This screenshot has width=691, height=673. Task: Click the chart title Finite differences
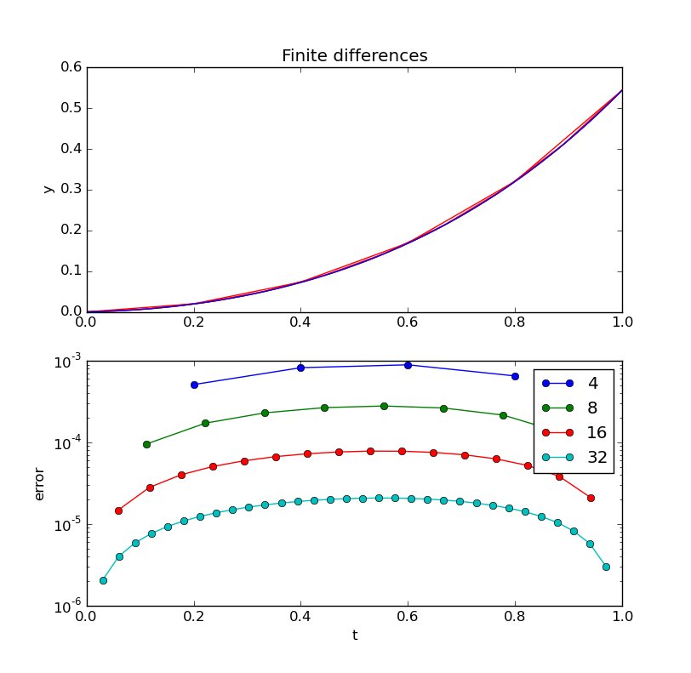[x=354, y=56]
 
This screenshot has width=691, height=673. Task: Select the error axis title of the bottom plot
[x=39, y=483]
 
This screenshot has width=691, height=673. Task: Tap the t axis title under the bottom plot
[x=354, y=636]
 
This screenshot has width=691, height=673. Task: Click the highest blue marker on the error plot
[x=408, y=365]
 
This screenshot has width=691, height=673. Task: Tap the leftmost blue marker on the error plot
[x=194, y=385]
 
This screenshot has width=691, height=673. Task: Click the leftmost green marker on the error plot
[x=146, y=444]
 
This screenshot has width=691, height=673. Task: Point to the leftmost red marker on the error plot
[x=118, y=510]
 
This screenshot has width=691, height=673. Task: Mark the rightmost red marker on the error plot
[x=591, y=498]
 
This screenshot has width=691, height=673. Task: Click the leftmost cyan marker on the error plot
[x=103, y=580]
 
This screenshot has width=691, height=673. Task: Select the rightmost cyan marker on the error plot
[x=606, y=567]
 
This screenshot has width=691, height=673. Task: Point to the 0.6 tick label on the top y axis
[x=71, y=67]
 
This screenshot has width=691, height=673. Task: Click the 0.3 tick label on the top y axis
[x=71, y=190]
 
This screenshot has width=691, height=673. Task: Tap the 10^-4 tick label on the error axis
[x=67, y=444]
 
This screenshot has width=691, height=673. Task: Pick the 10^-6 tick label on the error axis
[x=67, y=607]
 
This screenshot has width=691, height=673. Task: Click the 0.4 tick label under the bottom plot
[x=300, y=619]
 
